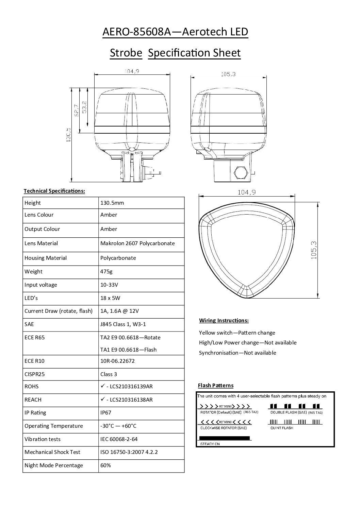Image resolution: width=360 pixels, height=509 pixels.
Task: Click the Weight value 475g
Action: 106,271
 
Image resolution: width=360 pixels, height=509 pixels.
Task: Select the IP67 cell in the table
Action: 106,412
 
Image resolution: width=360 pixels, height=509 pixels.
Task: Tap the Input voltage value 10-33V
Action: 109,285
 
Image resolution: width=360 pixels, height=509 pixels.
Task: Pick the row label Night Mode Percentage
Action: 54,465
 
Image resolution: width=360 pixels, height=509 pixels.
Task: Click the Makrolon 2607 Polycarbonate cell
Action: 137,243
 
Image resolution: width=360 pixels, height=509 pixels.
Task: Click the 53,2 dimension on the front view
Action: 84,107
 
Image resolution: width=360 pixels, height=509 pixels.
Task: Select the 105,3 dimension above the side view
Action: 228,74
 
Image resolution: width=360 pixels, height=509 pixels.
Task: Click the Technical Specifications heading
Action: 54,191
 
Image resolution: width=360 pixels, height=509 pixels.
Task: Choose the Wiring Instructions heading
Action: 224,320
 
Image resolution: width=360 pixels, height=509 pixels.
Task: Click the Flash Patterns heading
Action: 216,385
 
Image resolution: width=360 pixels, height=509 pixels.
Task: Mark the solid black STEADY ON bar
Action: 224,438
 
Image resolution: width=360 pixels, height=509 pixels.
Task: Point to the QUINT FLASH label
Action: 281,428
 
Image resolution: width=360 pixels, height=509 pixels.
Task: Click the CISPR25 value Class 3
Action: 109,374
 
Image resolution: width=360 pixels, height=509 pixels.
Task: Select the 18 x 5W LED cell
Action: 110,298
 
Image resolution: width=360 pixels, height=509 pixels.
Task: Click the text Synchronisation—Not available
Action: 238,353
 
